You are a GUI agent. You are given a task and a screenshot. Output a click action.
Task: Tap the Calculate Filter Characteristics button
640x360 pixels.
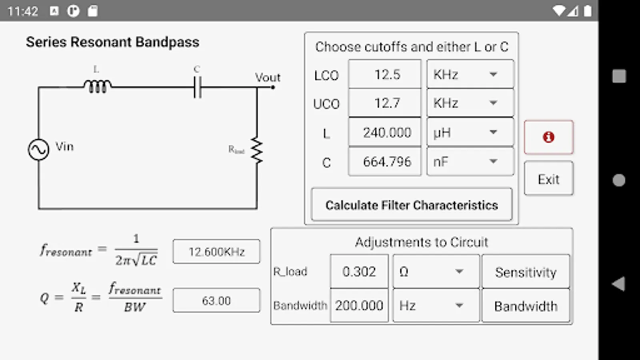tap(412, 205)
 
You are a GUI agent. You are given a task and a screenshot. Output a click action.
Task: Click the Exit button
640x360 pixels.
tap(548, 179)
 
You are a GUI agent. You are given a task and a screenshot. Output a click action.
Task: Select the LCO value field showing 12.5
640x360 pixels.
tap(385, 74)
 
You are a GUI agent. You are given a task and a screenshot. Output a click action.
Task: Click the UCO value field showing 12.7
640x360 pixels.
tap(385, 103)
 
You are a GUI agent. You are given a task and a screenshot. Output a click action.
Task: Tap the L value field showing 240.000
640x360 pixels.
tap(385, 132)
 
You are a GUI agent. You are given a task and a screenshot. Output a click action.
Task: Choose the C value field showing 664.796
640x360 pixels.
tap(385, 162)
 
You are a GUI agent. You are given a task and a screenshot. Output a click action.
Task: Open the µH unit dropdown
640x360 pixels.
tap(470, 132)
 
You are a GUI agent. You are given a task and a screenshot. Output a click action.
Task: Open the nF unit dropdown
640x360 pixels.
tap(470, 162)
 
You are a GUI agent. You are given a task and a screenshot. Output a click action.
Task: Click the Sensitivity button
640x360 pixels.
tap(526, 272)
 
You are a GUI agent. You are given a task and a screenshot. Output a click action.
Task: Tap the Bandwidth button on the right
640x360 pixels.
tap(526, 306)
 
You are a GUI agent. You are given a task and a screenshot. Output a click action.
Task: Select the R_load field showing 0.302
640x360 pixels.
tap(359, 272)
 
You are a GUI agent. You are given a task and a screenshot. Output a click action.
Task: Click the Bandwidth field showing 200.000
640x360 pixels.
tap(359, 306)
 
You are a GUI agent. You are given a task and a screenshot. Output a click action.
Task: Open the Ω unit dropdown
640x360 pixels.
tap(436, 272)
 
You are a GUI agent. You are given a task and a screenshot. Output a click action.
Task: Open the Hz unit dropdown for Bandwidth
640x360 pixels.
tap(436, 306)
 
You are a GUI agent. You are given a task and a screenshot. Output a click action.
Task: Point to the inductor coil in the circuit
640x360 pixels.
tap(97, 86)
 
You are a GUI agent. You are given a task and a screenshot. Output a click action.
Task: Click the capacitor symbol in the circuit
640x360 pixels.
tap(197, 87)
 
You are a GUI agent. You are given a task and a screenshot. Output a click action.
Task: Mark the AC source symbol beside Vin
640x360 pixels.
tap(39, 150)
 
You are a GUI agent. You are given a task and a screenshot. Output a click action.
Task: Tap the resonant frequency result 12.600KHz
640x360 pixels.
tap(216, 252)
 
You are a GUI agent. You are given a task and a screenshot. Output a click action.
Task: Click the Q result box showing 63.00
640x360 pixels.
tap(216, 300)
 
